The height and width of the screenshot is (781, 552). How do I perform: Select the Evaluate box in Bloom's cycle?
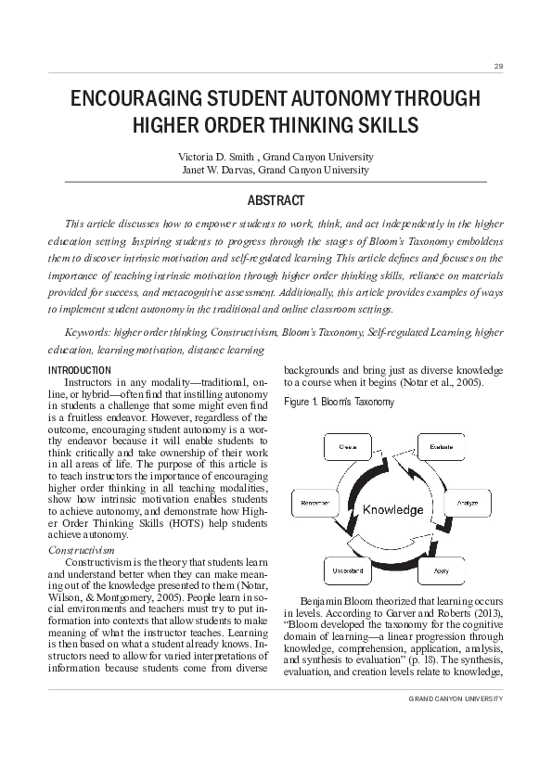point(442,448)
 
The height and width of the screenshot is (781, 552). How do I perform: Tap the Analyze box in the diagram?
point(466,504)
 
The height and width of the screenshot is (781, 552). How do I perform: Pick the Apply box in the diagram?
point(442,569)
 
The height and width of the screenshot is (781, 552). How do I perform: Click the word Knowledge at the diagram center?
point(392,510)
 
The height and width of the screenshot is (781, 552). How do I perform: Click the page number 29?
point(498,67)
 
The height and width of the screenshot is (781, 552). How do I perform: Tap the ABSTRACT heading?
point(276,200)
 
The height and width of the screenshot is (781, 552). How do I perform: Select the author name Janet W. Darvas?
point(218,170)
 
